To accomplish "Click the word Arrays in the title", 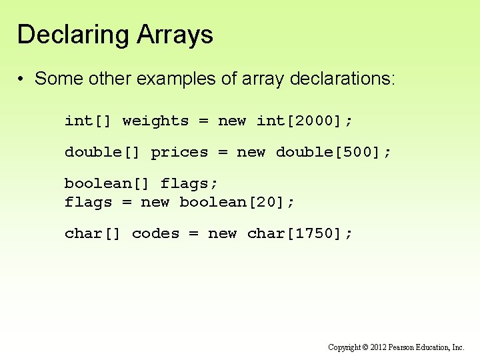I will [x=175, y=35].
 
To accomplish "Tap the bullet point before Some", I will [x=22, y=79].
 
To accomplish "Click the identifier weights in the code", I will [x=155, y=121].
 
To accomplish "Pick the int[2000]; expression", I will [x=305, y=121].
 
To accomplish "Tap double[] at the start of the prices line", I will [x=103, y=153].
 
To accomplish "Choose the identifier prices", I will [x=179, y=153].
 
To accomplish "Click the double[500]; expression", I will [x=333, y=153].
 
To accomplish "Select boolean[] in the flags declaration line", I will [x=107, y=183].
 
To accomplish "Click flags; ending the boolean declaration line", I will [x=189, y=183].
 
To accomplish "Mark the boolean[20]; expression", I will [x=237, y=202].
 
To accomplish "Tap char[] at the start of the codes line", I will [x=93, y=234].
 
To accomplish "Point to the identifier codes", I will [x=155, y=234].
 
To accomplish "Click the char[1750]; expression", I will [x=299, y=234].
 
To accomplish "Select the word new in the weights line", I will [x=232, y=121].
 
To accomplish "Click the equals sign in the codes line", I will [x=194, y=234].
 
